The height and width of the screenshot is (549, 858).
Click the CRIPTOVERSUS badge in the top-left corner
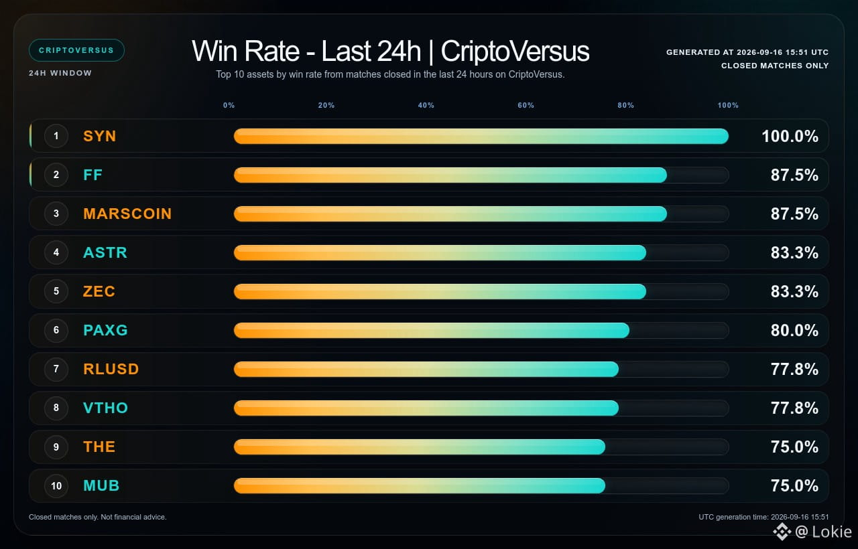[76, 50]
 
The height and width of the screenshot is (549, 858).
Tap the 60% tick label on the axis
[526, 105]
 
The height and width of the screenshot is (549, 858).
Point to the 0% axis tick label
[229, 105]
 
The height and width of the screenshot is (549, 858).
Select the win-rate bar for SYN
[481, 136]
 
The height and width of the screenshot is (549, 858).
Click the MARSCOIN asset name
[127, 214]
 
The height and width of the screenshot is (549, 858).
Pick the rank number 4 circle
[56, 252]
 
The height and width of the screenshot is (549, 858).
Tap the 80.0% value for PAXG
[794, 330]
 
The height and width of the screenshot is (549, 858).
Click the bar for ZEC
[440, 291]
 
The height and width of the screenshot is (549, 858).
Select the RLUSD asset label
[111, 369]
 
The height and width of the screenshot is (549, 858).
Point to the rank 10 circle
[56, 485]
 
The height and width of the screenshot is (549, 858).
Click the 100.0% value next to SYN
[790, 136]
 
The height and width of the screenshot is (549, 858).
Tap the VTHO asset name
[105, 408]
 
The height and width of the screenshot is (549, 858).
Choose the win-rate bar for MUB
[420, 485]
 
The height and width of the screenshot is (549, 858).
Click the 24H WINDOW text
[60, 73]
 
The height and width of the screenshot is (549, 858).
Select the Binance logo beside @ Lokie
[782, 532]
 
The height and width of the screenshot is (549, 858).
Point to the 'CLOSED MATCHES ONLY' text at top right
[775, 66]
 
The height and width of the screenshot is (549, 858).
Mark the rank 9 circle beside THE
[56, 447]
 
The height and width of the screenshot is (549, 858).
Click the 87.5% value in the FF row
[794, 175]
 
